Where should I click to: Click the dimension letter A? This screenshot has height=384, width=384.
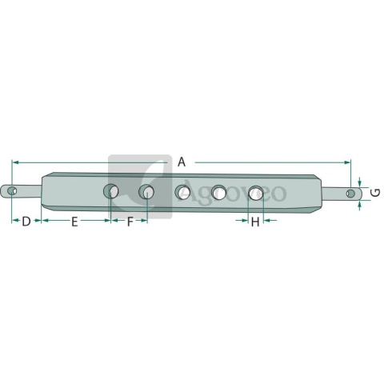click(182, 162)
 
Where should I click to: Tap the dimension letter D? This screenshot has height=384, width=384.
click(26, 222)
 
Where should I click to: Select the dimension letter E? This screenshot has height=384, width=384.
click(74, 222)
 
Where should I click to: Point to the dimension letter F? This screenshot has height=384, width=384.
click(130, 222)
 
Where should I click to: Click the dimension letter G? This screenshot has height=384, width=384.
click(376, 193)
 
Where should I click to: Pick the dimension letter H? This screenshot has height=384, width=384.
click(255, 222)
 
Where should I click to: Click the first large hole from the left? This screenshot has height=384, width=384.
click(111, 191)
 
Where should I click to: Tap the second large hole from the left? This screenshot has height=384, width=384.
click(146, 191)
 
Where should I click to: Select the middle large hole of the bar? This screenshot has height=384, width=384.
click(182, 192)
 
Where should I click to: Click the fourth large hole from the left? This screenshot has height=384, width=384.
click(218, 192)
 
